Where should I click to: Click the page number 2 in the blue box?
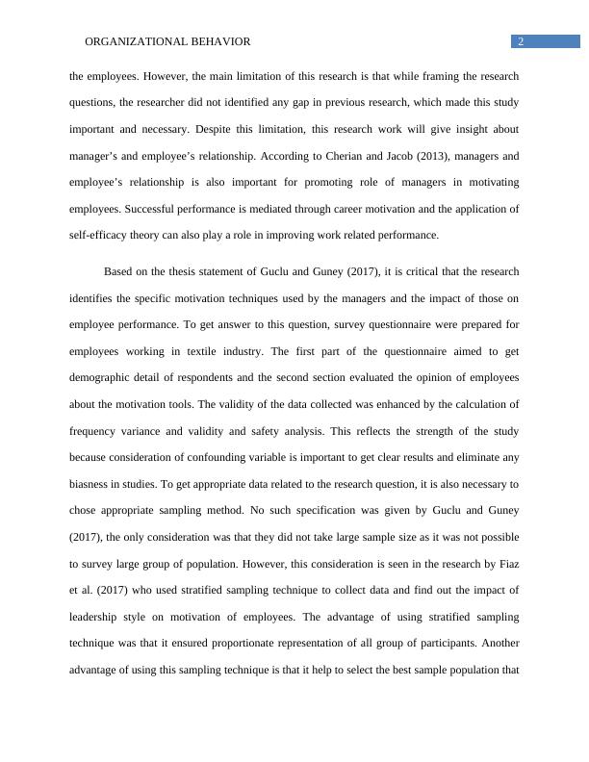[521, 41]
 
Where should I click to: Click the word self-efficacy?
[99, 234]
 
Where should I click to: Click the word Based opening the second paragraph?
[120, 271]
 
